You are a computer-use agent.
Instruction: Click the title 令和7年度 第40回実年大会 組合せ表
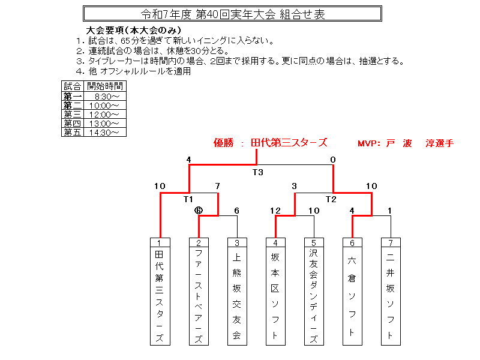coord(232,14)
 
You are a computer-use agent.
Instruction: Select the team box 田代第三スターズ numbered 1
coord(160,292)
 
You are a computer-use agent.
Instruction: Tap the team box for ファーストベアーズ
coord(199,292)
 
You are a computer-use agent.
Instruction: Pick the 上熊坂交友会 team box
coord(237,292)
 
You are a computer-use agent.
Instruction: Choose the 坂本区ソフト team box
coord(275,292)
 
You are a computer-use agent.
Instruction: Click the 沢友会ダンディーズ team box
coord(314,292)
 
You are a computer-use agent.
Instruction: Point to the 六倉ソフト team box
coord(352,292)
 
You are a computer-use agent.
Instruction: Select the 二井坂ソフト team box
coord(391,292)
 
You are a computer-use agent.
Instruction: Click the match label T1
coord(188,199)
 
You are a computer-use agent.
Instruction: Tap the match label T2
coord(331,199)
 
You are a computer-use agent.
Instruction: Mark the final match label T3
coord(257,172)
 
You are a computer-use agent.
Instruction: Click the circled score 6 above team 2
coord(199,211)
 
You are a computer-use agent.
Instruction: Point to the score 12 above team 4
coord(275,211)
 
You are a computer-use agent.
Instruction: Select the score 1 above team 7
coord(390,211)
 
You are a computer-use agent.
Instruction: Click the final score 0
coord(333,160)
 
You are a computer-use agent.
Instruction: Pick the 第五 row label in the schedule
coord(72,133)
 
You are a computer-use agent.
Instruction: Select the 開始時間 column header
coord(104,86)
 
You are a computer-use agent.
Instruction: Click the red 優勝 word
coord(224,143)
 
